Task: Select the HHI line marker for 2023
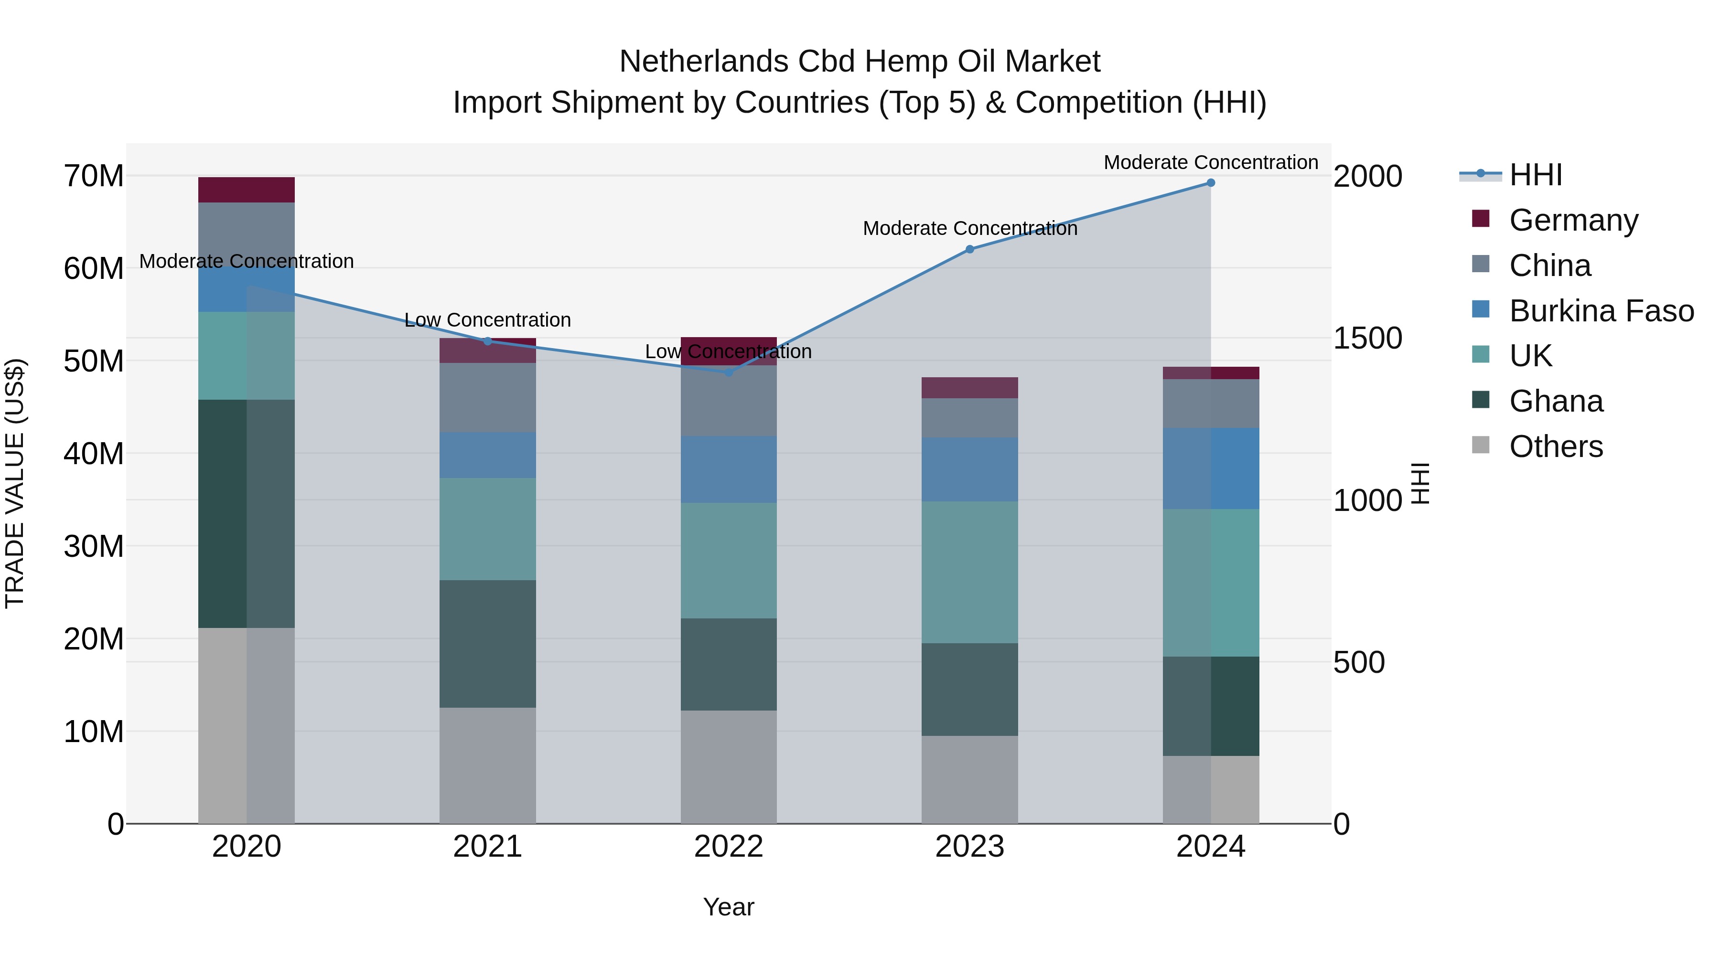(x=969, y=250)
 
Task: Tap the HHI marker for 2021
(x=487, y=341)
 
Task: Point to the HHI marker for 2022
(x=729, y=372)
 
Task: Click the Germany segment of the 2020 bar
(x=247, y=190)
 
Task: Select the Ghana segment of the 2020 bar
(x=247, y=513)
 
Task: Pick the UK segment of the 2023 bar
(x=969, y=572)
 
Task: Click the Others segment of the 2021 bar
(x=487, y=765)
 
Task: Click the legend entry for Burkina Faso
(x=1601, y=311)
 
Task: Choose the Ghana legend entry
(x=1556, y=401)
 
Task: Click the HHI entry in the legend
(x=1535, y=175)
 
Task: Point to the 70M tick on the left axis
(x=94, y=177)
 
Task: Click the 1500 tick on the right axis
(x=1367, y=339)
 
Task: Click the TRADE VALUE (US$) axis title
(x=15, y=483)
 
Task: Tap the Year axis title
(x=729, y=907)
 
